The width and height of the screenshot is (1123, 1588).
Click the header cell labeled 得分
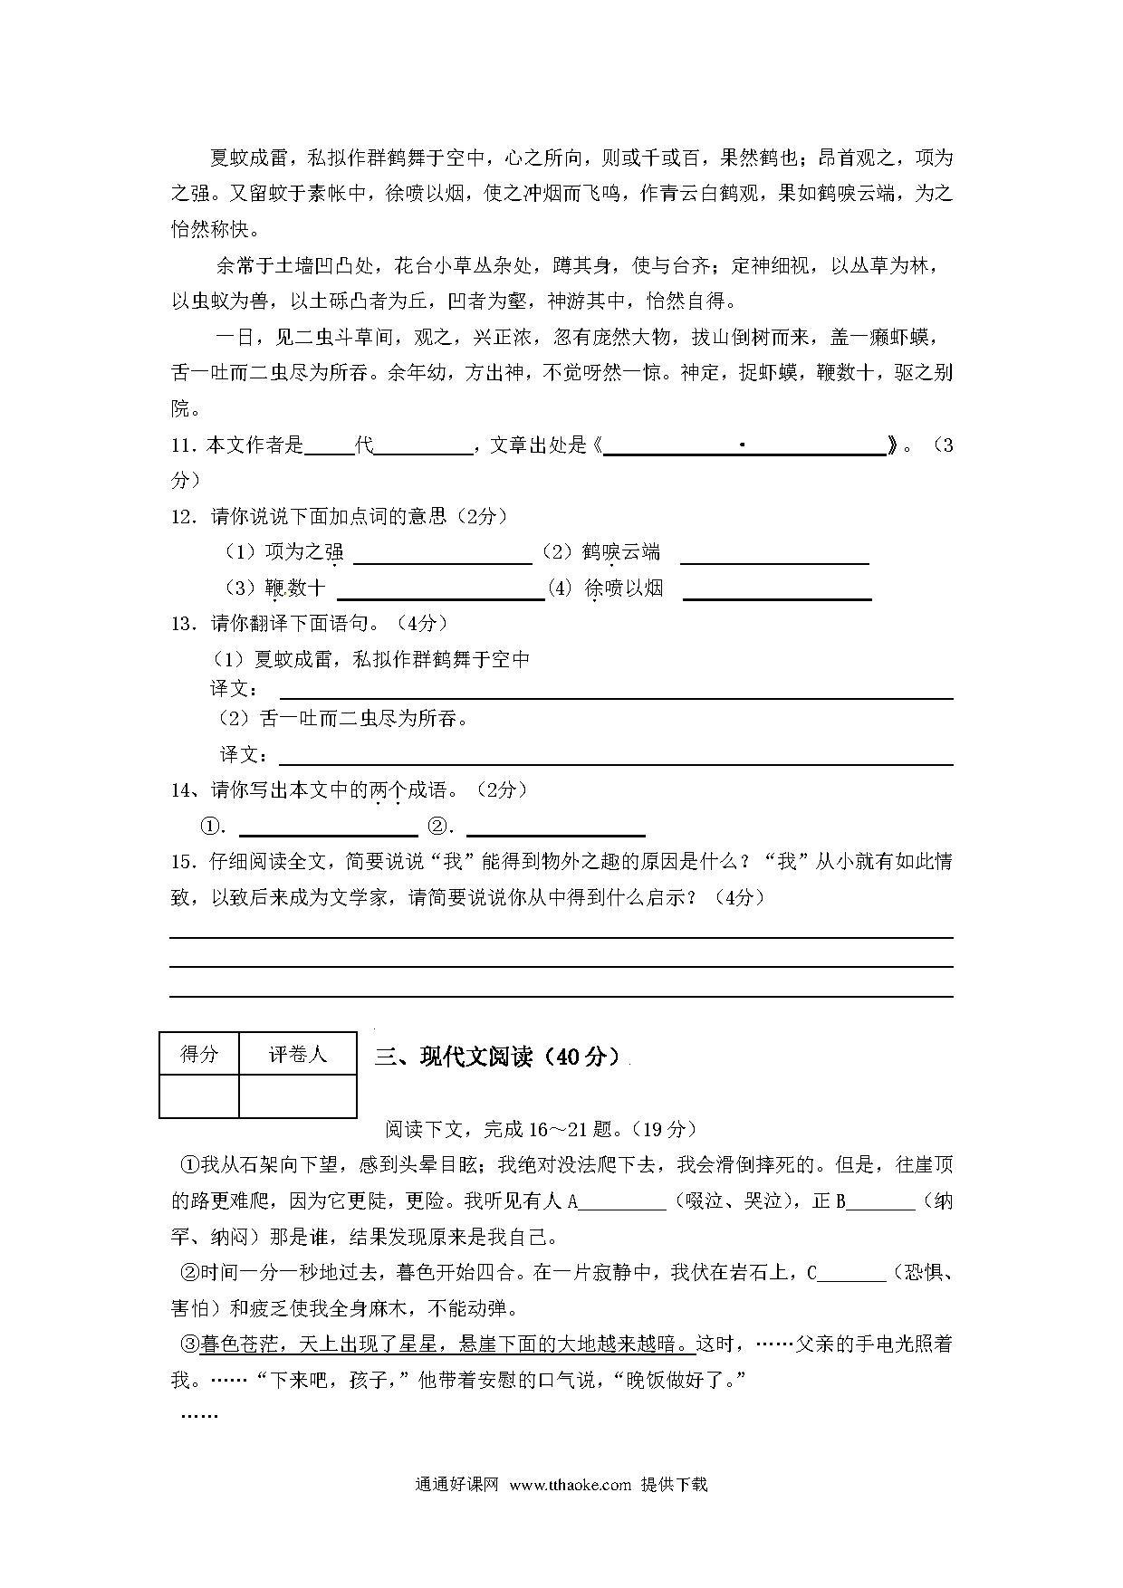pos(199,1054)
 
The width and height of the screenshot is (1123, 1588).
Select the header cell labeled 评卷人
pos(298,1054)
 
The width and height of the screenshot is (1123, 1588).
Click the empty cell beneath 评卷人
pos(298,1095)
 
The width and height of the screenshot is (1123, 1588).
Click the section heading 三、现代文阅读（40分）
pos(499,1057)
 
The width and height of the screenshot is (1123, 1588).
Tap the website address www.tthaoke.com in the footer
pos(570,1484)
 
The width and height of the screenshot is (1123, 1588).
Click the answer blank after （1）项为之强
pos(442,554)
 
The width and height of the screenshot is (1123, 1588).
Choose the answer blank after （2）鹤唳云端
pos(774,554)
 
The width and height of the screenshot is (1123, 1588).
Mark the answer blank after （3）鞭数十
pos(440,589)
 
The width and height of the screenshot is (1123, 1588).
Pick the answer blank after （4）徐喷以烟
pos(777,589)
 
